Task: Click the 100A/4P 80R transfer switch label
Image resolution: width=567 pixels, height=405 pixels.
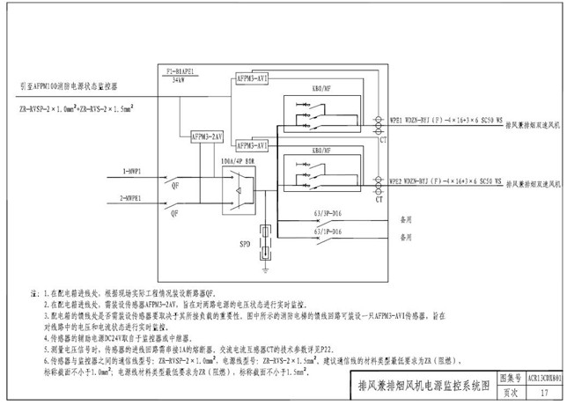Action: click(x=238, y=163)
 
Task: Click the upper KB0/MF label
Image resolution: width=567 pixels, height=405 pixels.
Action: click(x=320, y=89)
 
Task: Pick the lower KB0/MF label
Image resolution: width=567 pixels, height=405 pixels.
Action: click(x=320, y=151)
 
